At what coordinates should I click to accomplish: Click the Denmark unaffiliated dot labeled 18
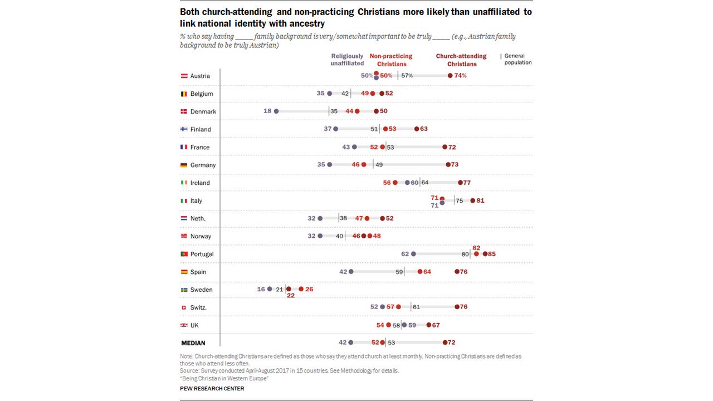276,111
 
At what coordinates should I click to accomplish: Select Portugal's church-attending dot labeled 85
485,254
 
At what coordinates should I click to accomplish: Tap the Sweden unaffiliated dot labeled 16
270,290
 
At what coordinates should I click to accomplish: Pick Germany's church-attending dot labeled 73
448,165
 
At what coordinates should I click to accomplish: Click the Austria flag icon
184,76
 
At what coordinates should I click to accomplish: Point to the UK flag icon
184,325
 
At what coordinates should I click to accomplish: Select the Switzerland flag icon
184,307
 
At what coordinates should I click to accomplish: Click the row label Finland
201,129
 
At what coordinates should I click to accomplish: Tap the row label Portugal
202,254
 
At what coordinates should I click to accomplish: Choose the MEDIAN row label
193,343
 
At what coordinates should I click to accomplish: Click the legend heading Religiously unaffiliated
347,60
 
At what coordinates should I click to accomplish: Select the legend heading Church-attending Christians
461,60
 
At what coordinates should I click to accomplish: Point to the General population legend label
517,59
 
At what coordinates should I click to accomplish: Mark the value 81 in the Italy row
480,200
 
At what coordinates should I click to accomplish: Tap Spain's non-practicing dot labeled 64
420,272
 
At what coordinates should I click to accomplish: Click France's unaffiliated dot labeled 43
354,147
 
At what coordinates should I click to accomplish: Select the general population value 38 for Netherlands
344,218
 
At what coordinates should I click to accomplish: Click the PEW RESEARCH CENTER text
212,389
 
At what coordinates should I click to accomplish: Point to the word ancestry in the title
305,24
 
